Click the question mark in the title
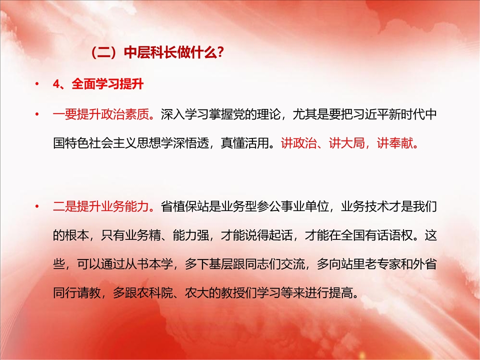tap(220, 53)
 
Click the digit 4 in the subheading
tap(55, 84)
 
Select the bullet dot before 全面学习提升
tap(37, 83)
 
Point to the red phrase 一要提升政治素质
tap(100, 114)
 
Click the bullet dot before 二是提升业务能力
tap(37, 206)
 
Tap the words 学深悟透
tap(184, 143)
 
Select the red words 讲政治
tap(299, 143)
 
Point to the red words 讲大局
tap(346, 143)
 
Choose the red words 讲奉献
tap(394, 143)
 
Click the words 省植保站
tap(184, 206)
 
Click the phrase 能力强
tap(190, 235)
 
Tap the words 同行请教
tap(77, 292)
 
